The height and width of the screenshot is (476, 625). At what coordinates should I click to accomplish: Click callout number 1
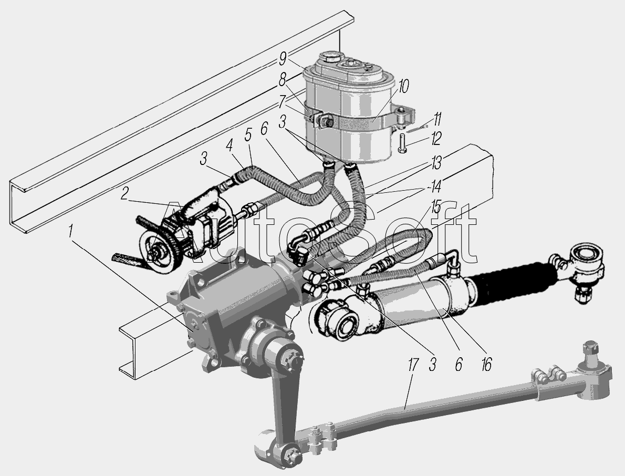tap(70, 232)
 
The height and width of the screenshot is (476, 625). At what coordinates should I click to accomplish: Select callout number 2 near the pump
tap(125, 194)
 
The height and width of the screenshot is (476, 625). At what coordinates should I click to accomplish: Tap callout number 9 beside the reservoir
tap(283, 59)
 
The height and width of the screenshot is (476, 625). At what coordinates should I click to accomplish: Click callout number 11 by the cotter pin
tap(437, 119)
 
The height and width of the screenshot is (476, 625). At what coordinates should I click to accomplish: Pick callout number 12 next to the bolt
tap(436, 139)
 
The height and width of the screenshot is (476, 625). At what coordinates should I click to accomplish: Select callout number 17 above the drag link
tap(413, 365)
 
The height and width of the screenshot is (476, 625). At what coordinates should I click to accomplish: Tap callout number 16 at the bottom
tap(486, 364)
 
